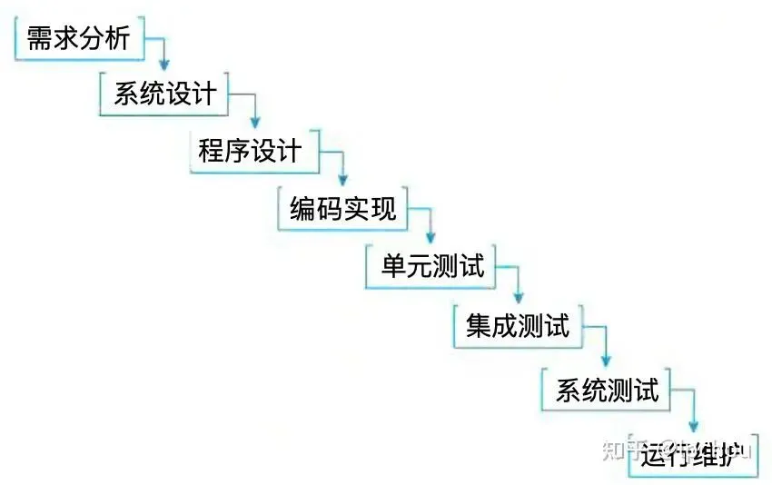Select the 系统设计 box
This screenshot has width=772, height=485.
click(164, 94)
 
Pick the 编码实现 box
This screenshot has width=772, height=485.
click(342, 208)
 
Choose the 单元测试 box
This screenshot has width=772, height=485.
click(432, 266)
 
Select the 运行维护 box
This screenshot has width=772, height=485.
click(692, 453)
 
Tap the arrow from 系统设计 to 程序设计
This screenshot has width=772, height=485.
click(253, 109)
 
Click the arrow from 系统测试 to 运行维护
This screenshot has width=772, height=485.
click(693, 408)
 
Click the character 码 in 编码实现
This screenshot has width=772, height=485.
click(331, 208)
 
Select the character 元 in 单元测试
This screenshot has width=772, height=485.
click(420, 266)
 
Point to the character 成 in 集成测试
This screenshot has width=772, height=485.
click(505, 325)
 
